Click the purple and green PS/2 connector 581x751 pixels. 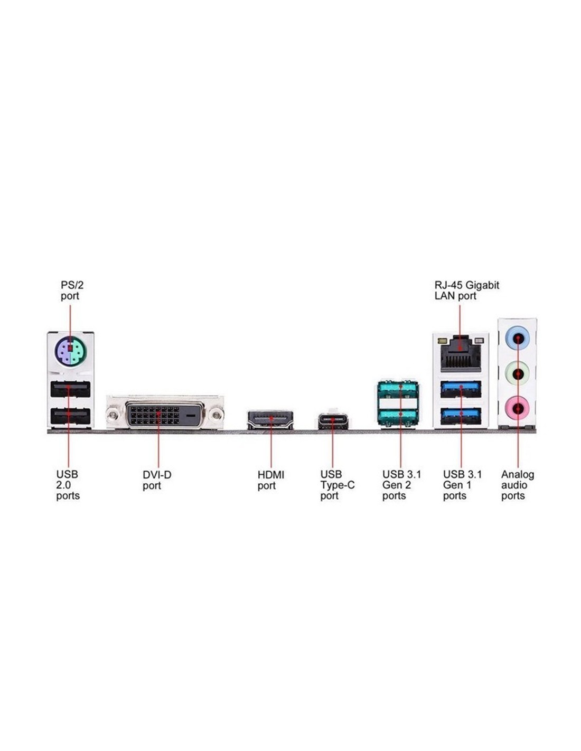pos(71,351)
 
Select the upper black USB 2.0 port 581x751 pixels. pos(70,390)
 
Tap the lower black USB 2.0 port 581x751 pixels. pos(70,417)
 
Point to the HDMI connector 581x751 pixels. pos(270,420)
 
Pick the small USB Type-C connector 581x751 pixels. pos(333,421)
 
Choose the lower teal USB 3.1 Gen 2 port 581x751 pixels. pos(399,417)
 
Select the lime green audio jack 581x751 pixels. pos(518,373)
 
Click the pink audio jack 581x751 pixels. pos(518,407)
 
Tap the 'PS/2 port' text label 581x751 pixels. pos(72,290)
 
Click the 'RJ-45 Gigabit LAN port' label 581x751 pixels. pos(466,290)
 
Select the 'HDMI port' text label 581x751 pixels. pos(270,480)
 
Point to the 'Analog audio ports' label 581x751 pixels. pos(517,485)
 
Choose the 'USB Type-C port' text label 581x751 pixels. pos(337,485)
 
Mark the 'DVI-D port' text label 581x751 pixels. pos(157,480)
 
